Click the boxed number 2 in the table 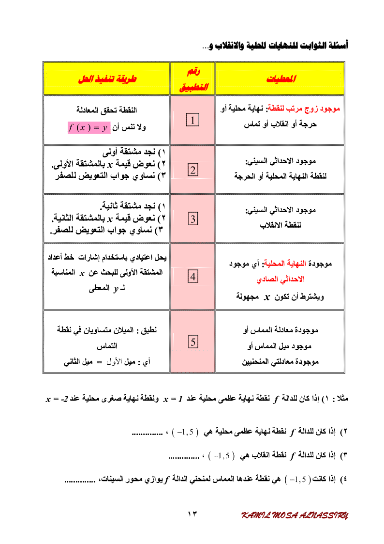192,170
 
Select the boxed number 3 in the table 192,219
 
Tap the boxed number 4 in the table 192,277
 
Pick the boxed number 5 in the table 192,342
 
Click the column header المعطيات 281,78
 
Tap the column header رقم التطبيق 192,79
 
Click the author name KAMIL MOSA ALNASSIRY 295,515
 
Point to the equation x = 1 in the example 172,400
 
